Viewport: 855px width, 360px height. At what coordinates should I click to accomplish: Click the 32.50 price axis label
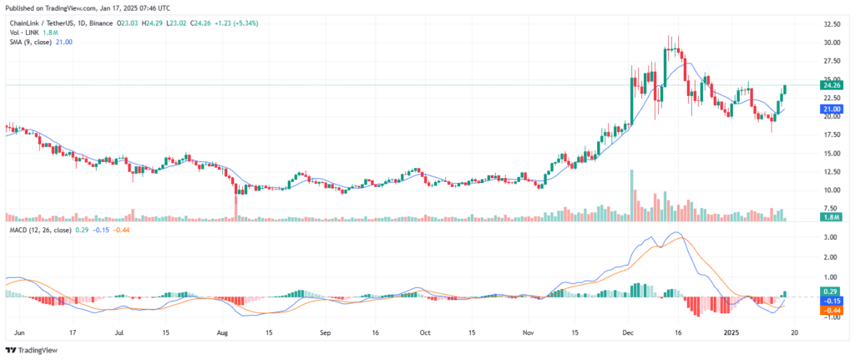point(831,25)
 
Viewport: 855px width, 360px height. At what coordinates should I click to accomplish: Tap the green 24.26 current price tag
point(831,85)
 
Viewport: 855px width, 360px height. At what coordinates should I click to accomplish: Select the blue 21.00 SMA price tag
point(831,109)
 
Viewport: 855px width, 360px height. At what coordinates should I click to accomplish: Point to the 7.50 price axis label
point(831,205)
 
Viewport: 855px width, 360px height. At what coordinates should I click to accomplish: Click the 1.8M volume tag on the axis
point(831,217)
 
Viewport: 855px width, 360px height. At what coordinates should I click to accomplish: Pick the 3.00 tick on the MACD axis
point(831,237)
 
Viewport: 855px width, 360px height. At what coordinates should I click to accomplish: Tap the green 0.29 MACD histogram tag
point(831,290)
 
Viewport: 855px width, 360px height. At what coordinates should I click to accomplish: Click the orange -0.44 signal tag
point(831,310)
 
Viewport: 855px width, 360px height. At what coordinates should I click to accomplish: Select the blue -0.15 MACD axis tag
point(831,300)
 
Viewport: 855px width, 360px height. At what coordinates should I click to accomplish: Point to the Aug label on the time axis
point(222,332)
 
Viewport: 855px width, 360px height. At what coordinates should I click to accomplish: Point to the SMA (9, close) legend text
point(31,43)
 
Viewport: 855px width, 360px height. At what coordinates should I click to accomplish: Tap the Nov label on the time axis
point(528,332)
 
